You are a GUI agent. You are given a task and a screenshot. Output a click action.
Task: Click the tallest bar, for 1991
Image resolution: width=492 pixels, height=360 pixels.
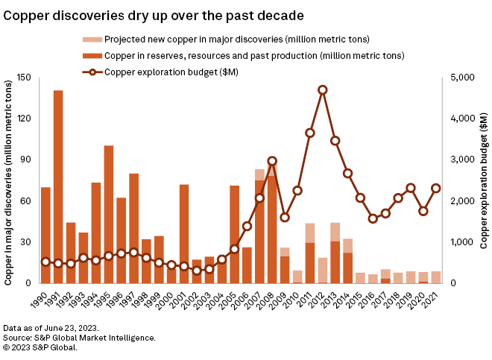[58, 186]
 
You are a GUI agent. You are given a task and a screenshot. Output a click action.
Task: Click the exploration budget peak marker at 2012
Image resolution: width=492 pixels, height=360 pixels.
[322, 89]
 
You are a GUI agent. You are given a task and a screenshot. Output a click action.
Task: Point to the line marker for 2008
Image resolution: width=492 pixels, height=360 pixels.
[272, 161]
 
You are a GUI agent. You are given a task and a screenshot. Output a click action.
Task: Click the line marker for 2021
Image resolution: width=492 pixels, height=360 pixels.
[436, 189]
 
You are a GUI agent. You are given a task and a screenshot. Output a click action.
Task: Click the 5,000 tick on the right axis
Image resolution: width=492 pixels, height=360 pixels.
[461, 78]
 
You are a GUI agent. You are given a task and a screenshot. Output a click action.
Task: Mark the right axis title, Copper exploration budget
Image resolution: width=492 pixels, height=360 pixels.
[482, 180]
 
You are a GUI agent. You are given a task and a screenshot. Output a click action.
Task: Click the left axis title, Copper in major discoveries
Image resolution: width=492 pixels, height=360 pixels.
[9, 180]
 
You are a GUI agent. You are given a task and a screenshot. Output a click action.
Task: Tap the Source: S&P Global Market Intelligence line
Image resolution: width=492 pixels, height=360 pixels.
[80, 338]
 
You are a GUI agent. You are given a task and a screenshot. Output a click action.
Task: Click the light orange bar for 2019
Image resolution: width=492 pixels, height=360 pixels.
[411, 277]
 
